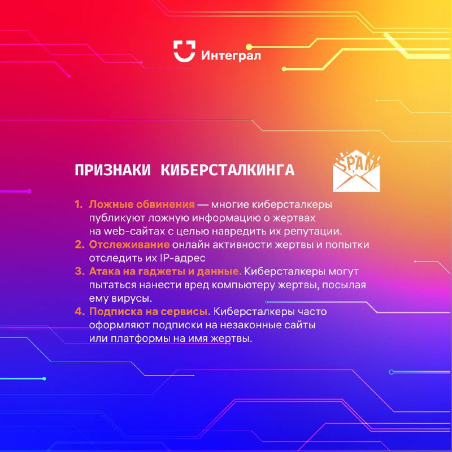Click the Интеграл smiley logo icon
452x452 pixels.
(184, 51)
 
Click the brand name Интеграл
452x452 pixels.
(231, 55)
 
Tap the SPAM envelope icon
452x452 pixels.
(357, 171)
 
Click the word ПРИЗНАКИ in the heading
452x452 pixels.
(112, 170)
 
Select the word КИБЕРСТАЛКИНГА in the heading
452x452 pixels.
(228, 170)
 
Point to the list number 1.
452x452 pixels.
(79, 205)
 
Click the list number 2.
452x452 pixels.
(79, 245)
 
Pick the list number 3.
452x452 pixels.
(79, 271)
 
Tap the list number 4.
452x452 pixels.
(79, 311)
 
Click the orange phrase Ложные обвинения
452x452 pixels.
(142, 205)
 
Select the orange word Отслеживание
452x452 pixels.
(129, 245)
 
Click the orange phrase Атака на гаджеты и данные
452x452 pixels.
(165, 272)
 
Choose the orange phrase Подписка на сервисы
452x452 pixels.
(150, 312)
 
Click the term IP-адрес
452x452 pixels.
(182, 258)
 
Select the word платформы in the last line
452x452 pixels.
(140, 338)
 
